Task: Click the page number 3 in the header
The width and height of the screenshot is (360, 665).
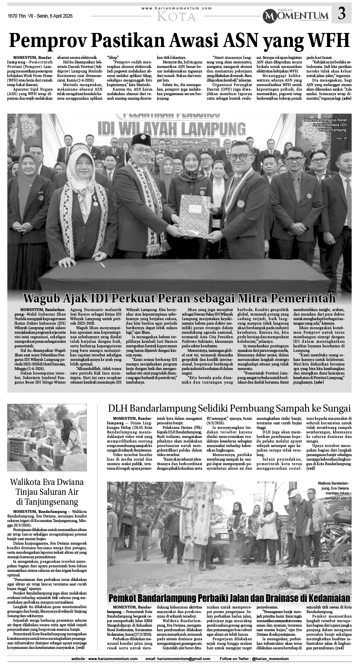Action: point(341,14)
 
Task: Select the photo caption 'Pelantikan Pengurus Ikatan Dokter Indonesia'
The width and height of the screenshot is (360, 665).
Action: point(326,124)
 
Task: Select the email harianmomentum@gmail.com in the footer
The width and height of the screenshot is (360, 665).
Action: point(186,659)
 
